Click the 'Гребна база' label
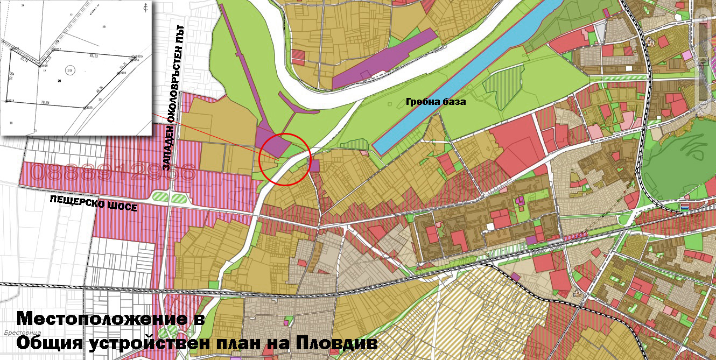click(x=435, y=102)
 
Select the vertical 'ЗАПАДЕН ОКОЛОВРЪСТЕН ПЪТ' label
click(x=175, y=97)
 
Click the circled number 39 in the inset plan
click(x=70, y=70)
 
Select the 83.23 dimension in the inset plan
click(x=94, y=55)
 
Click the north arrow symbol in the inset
click(x=145, y=8)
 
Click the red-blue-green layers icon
click(x=685, y=206)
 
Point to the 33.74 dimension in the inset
click(x=24, y=60)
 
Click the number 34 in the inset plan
click(x=23, y=5)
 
